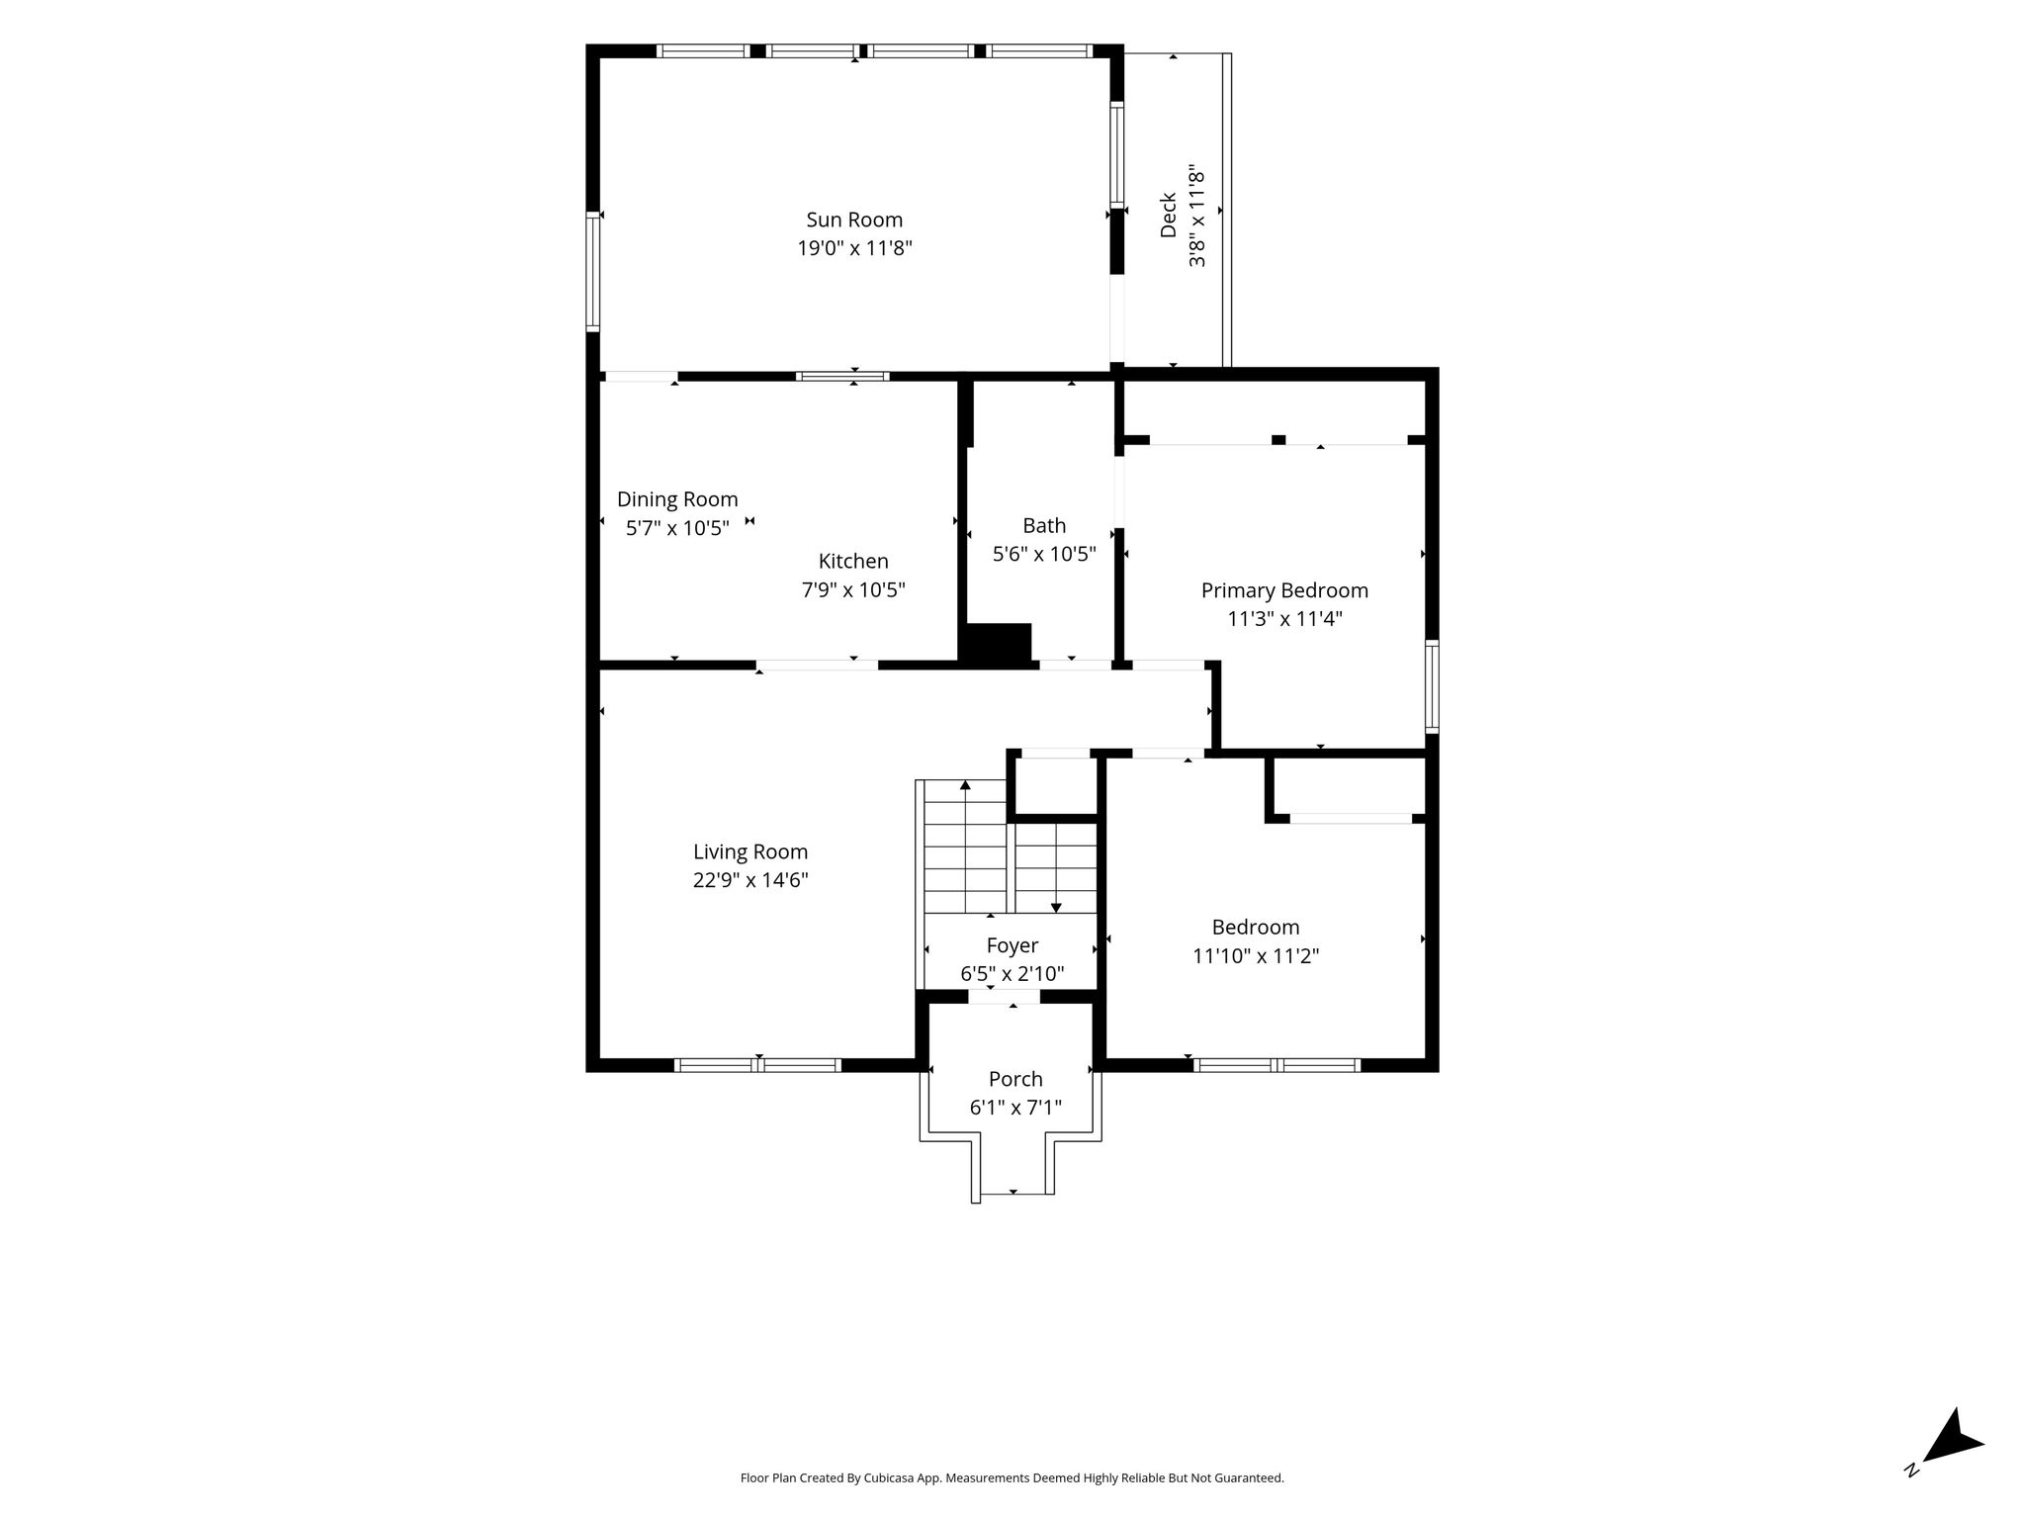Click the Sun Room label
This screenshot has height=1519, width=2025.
coord(854,220)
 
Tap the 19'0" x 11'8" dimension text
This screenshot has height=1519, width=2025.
coord(854,248)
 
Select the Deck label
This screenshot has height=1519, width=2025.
coord(1168,215)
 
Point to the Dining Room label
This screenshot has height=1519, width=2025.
coord(677,499)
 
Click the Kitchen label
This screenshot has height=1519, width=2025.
coord(853,561)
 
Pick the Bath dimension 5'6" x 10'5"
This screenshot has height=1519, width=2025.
coord(1044,554)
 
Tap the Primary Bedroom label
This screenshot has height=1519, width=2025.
coord(1284,590)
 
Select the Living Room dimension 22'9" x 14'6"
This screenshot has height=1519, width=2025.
coord(750,880)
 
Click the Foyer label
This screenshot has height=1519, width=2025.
coord(1012,945)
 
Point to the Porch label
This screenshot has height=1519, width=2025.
coord(1015,1079)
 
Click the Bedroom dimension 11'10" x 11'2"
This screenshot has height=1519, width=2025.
coord(1256,956)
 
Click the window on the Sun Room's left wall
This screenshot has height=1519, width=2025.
coord(593,272)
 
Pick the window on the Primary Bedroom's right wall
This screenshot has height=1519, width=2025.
coord(1432,686)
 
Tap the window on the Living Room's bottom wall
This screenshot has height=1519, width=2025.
coord(758,1065)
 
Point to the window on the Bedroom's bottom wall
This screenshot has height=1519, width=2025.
coord(1277,1065)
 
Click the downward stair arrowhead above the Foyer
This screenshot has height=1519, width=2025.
coord(1056,907)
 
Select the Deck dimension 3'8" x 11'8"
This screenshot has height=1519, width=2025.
coord(1196,216)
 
